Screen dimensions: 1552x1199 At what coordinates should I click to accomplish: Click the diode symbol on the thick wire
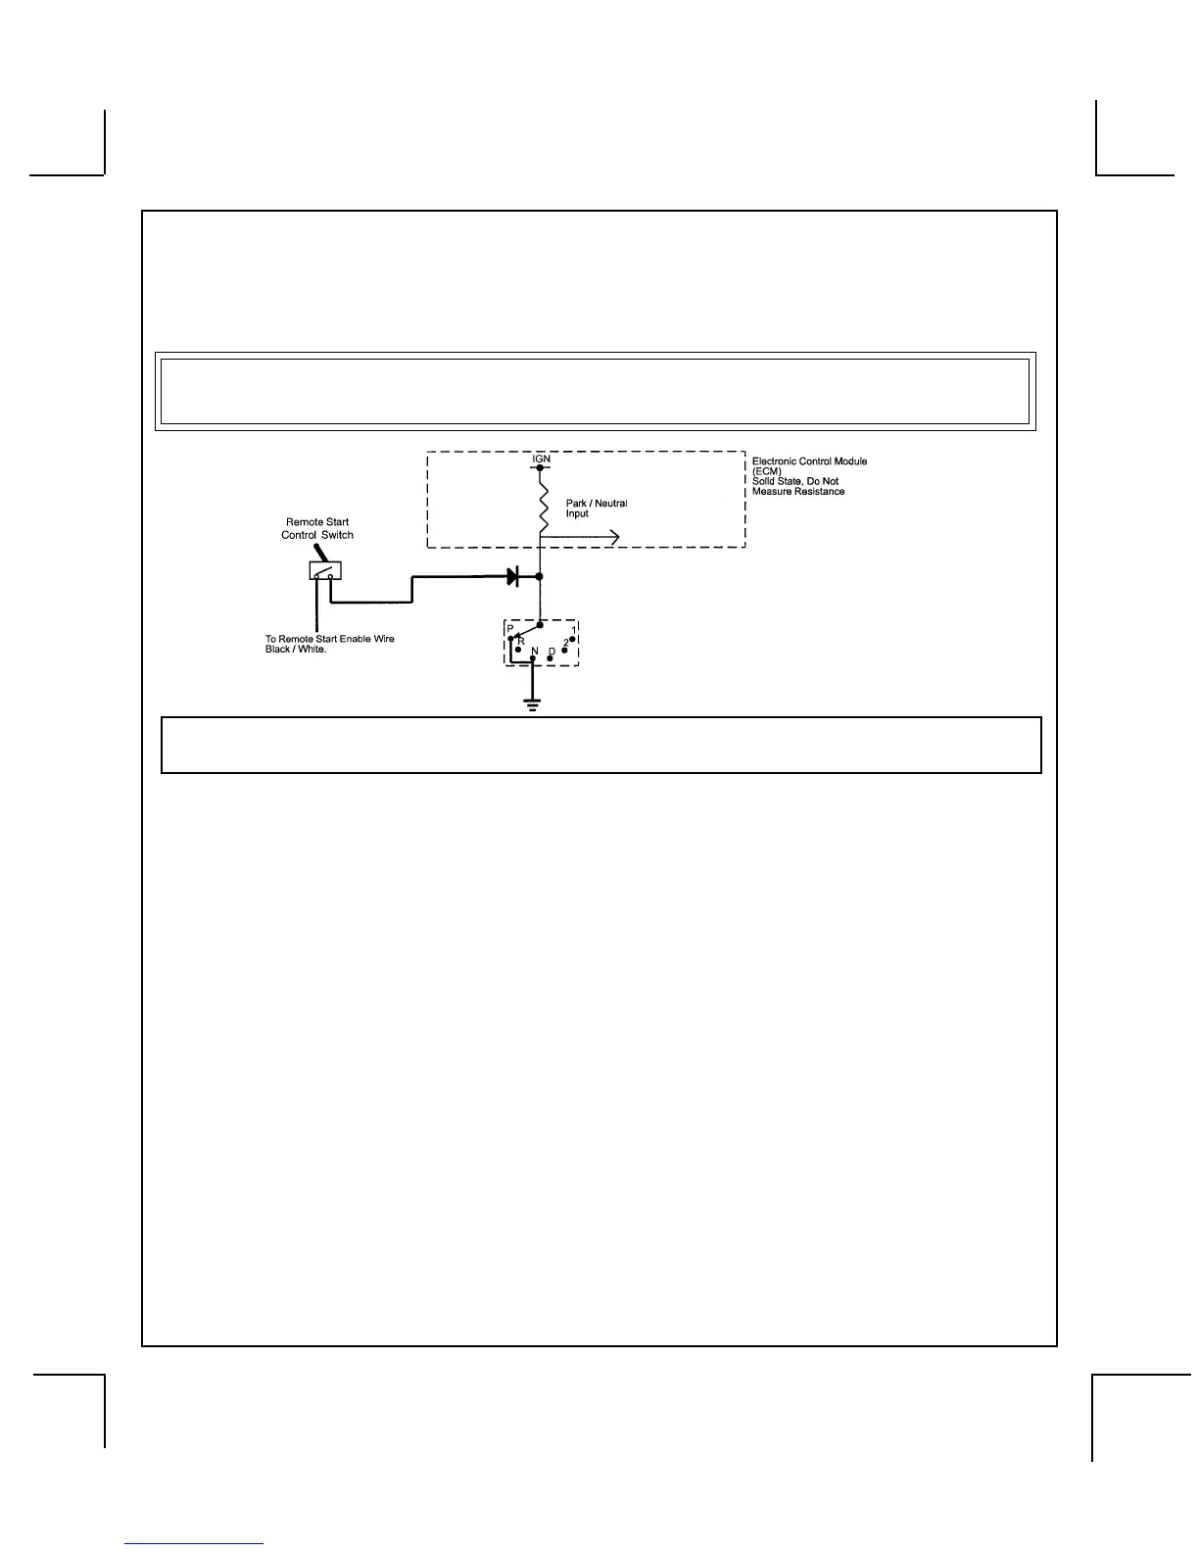512,577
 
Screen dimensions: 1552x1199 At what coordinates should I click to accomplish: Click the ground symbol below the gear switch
532,703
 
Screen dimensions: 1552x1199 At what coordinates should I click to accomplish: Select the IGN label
541,459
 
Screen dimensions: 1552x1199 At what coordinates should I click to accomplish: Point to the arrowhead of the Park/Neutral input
613,536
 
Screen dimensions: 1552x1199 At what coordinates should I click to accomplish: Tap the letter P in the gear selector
510,628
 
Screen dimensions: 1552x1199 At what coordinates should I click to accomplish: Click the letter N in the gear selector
534,652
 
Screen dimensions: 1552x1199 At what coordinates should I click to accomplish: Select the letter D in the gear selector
552,652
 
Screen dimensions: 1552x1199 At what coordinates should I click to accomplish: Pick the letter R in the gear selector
521,640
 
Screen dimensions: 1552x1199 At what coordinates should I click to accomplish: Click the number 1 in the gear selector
573,630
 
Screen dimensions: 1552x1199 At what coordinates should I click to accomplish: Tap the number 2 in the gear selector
565,642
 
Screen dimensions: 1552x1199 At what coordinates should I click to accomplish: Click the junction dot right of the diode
540,577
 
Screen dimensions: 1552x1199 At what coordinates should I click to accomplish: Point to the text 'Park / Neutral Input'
596,509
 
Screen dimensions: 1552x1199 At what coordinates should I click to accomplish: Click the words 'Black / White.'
296,650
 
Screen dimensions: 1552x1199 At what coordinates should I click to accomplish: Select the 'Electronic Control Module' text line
809,461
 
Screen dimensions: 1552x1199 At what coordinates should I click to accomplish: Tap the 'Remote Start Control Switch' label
317,528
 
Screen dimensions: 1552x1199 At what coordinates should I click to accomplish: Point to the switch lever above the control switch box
320,553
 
